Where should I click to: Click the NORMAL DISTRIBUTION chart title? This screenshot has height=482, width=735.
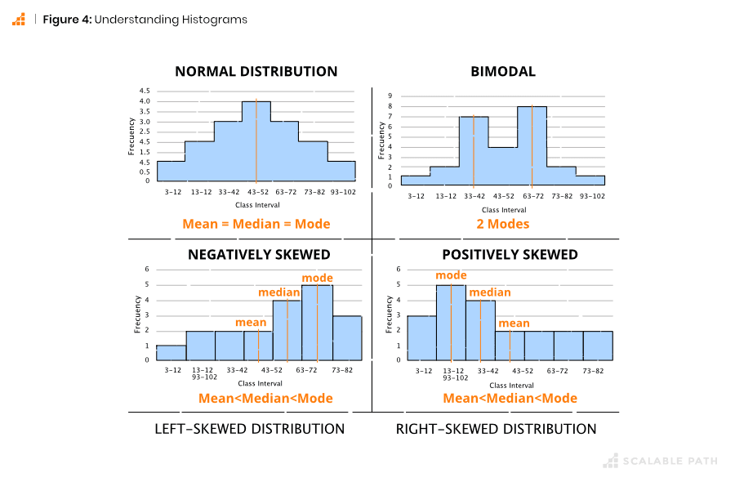pos(256,72)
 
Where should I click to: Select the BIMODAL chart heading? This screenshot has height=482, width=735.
pos(503,72)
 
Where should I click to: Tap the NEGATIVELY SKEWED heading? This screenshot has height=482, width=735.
pos(259,255)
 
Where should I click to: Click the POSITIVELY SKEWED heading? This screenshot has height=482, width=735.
pos(510,255)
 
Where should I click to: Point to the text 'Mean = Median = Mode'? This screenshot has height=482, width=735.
pos(256,224)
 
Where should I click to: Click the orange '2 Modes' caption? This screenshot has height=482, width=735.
pos(503,224)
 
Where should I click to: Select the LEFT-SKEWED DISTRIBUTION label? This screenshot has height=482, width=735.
pos(250,429)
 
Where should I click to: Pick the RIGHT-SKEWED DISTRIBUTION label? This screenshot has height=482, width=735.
pos(496,429)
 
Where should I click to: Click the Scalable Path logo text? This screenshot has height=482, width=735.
pos(670,461)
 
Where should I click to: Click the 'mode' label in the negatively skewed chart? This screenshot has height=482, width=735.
pos(318,279)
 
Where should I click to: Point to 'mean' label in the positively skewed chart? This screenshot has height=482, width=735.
pos(514,324)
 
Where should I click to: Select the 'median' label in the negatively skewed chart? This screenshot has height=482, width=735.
pos(279,292)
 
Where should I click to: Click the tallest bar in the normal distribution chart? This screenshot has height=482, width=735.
pos(256,141)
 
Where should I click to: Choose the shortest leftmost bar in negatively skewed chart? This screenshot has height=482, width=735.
pos(171,352)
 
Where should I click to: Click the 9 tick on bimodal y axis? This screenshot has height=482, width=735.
pos(390,96)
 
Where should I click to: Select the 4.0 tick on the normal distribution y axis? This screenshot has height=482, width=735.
pos(144,101)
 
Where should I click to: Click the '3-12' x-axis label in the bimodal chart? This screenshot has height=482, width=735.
pos(416,196)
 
